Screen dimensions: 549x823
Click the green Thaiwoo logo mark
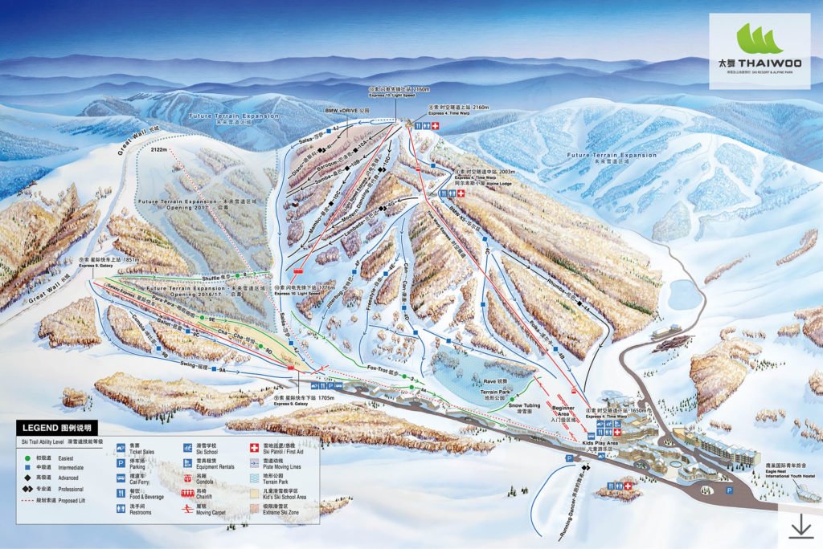point(759,39)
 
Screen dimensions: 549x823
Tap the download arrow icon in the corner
point(801,527)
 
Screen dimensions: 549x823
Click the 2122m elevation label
point(158,150)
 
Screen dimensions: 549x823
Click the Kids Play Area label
point(600,443)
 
